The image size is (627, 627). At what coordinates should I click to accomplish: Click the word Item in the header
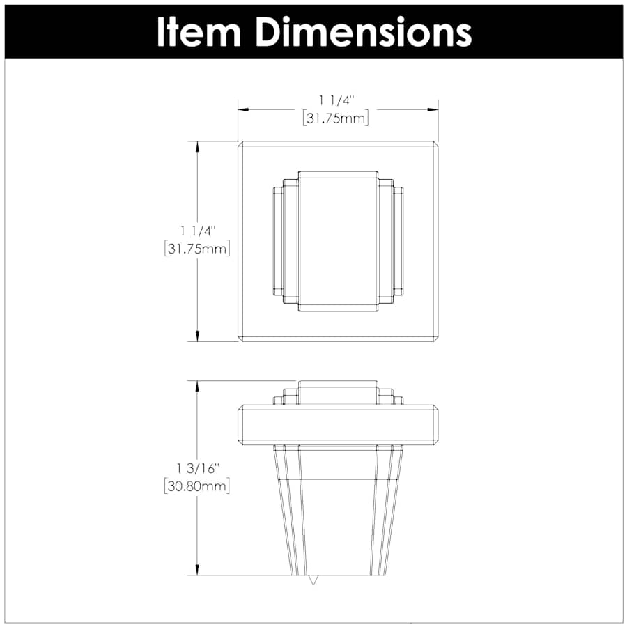(x=199, y=32)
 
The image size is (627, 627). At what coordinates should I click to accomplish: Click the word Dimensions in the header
(x=364, y=32)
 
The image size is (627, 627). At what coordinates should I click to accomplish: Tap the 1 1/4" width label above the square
(x=336, y=101)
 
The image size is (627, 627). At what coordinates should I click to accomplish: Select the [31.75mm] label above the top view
(x=336, y=118)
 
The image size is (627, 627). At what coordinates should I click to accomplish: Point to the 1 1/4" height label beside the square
(x=198, y=231)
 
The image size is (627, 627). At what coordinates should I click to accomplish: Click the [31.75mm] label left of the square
(x=197, y=249)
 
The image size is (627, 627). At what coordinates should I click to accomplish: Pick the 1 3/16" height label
(x=198, y=469)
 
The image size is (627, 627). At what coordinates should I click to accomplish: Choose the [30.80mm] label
(x=196, y=486)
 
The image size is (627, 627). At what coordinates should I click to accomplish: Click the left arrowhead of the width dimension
(x=244, y=109)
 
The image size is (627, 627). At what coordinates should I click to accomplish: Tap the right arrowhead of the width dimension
(x=433, y=109)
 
